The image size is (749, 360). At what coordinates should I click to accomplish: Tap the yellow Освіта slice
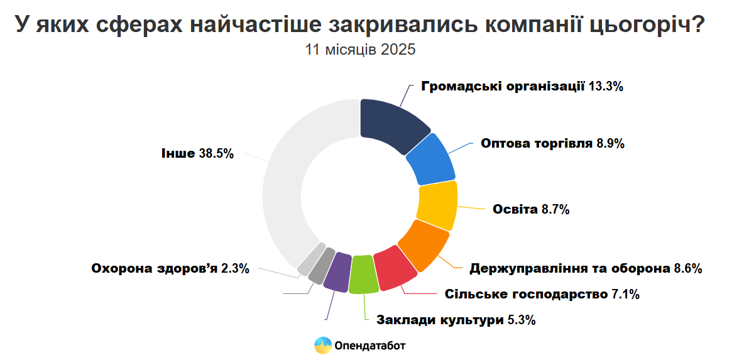437,205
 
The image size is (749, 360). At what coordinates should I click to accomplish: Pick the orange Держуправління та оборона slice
424,244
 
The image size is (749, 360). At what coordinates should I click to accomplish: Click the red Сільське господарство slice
395,269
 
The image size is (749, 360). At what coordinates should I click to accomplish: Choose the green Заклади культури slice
364,275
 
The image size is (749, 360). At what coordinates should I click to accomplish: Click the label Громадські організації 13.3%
522,87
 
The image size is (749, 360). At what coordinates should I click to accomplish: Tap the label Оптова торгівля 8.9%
552,143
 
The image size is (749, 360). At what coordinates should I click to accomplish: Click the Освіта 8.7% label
532,209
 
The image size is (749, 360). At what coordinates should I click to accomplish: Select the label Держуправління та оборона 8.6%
586,269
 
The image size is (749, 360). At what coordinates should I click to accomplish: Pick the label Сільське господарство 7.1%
542,294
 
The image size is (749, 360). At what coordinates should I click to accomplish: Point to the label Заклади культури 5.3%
456,320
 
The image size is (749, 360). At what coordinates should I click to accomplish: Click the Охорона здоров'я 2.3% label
170,269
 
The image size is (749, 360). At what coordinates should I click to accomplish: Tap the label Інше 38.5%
197,153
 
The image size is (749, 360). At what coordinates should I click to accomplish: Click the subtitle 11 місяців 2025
361,50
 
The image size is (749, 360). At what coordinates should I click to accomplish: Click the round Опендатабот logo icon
323,345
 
